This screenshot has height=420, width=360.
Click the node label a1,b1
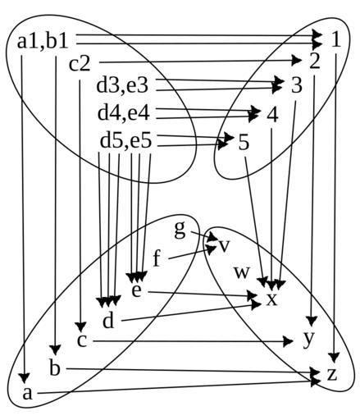click(x=43, y=42)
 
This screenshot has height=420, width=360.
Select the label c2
click(x=80, y=65)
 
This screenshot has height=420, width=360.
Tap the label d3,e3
click(x=122, y=85)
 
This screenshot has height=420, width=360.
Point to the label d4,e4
click(x=124, y=113)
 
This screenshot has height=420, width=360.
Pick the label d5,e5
click(x=125, y=141)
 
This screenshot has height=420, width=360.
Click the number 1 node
click(x=336, y=39)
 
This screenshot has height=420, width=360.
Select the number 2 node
click(x=315, y=62)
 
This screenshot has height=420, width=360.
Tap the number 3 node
click(x=296, y=85)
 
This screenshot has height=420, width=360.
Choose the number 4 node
click(x=272, y=115)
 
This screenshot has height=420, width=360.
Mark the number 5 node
click(x=244, y=142)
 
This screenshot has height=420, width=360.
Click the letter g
click(x=180, y=230)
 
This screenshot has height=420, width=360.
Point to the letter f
click(x=157, y=258)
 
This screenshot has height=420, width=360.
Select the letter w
click(x=242, y=272)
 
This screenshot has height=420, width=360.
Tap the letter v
click(x=224, y=246)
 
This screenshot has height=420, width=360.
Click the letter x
click(x=272, y=299)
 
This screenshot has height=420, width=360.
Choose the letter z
click(x=332, y=375)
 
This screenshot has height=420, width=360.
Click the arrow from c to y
click(x=193, y=341)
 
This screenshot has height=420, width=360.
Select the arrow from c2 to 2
click(x=200, y=62)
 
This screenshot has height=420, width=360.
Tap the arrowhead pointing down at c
click(x=80, y=327)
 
